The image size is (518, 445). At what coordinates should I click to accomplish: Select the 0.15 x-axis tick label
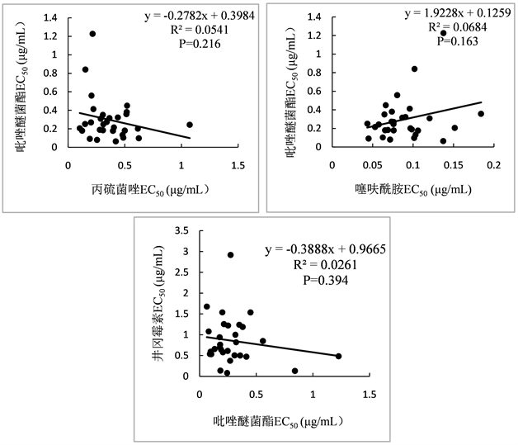tap(453, 167)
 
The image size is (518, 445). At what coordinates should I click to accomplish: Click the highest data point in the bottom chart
tap(230, 255)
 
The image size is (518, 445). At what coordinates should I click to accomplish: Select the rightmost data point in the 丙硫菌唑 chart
tap(190, 125)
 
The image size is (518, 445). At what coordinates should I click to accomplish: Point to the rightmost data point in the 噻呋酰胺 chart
tap(481, 114)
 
